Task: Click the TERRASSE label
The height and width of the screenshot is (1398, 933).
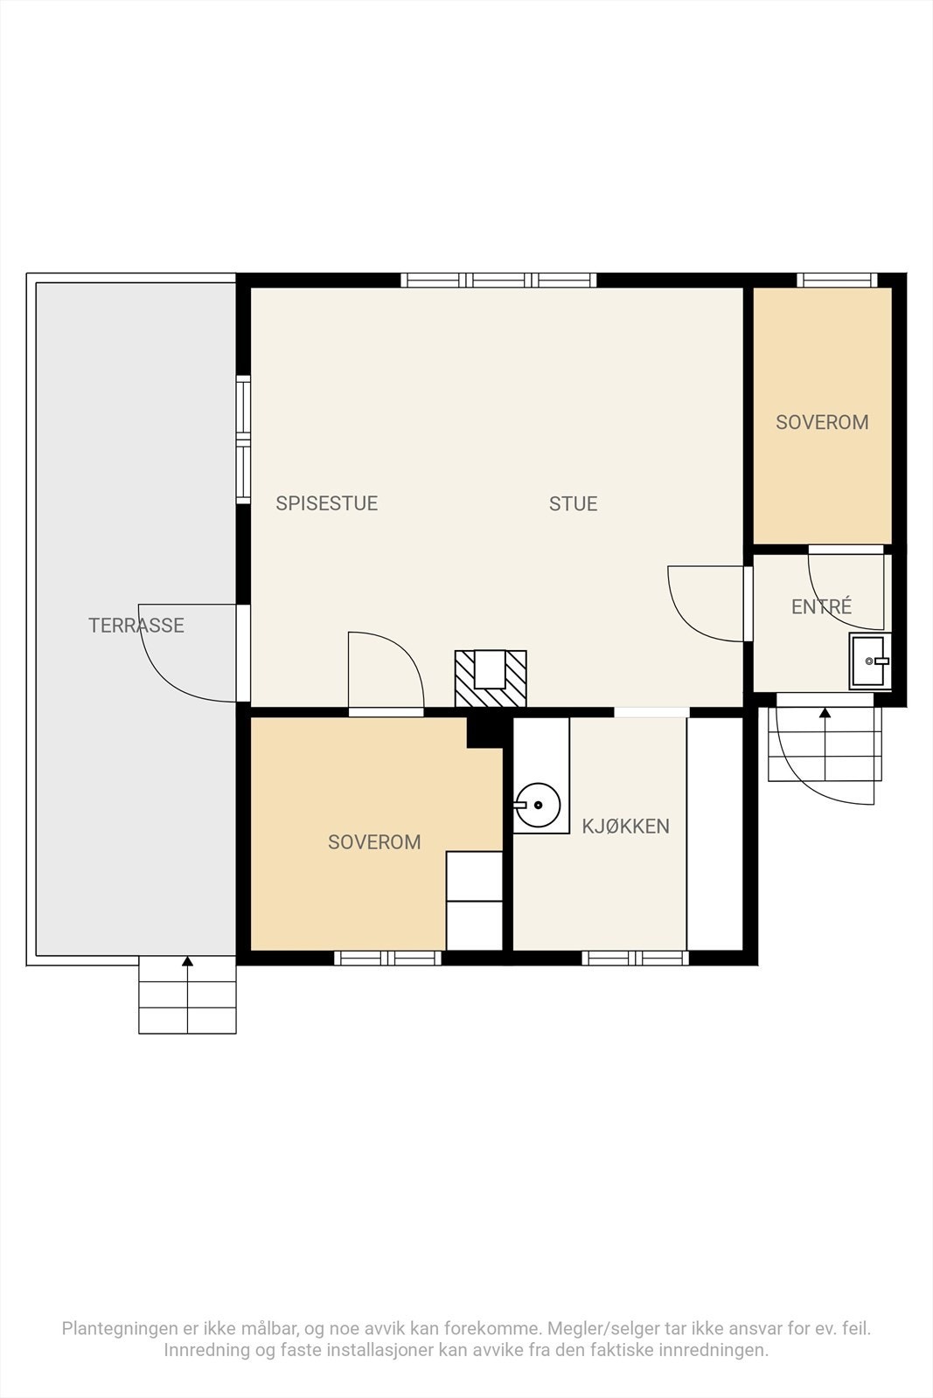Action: tap(136, 626)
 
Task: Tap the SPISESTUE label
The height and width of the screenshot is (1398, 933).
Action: tap(327, 503)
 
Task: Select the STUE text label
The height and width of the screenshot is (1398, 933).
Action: tap(573, 503)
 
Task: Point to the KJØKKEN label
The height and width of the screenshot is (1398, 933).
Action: tap(625, 826)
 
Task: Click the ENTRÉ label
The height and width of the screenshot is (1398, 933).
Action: tap(821, 606)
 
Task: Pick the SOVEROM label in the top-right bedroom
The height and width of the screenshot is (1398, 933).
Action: tap(822, 422)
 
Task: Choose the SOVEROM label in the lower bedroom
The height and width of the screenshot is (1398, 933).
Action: tap(374, 842)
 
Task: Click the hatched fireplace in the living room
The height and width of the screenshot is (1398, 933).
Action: tap(491, 678)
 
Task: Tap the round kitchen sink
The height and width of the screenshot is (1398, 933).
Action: tap(537, 805)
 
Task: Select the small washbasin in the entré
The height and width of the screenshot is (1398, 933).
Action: tap(869, 661)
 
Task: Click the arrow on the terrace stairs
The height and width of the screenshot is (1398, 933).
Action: tap(187, 993)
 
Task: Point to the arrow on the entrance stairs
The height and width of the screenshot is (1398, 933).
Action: tap(825, 744)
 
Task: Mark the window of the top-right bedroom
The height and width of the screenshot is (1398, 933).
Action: tap(837, 280)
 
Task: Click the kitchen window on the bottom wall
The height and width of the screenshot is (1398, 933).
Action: tap(635, 958)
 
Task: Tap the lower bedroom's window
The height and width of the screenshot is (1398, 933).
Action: tap(388, 958)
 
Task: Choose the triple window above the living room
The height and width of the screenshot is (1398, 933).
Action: tap(498, 280)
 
